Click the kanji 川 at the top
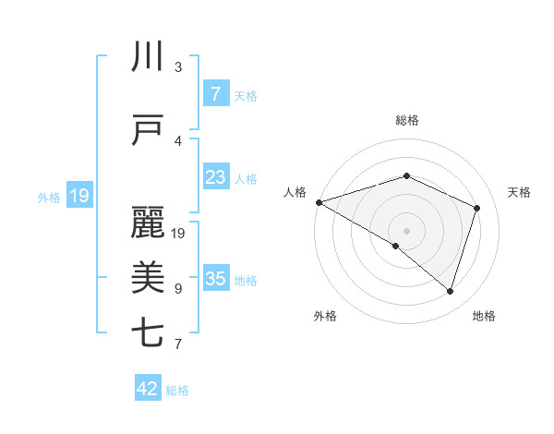click(x=148, y=57)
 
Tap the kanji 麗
click(x=148, y=223)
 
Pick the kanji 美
click(x=148, y=278)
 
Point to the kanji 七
click(x=148, y=333)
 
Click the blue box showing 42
click(x=148, y=389)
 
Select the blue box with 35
click(x=215, y=279)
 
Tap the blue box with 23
click(x=215, y=177)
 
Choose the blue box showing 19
click(x=78, y=196)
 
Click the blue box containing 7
click(x=215, y=94)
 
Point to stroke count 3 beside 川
click(x=178, y=67)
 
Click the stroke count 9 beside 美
click(x=178, y=289)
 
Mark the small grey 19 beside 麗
click(x=179, y=234)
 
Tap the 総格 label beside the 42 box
click(x=177, y=391)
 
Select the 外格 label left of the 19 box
click(x=49, y=197)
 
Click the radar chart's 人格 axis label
click(x=295, y=192)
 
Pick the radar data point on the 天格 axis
click(x=477, y=208)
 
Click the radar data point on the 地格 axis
click(x=450, y=292)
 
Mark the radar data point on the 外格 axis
click(x=396, y=246)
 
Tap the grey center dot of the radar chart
click(x=406, y=230)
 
